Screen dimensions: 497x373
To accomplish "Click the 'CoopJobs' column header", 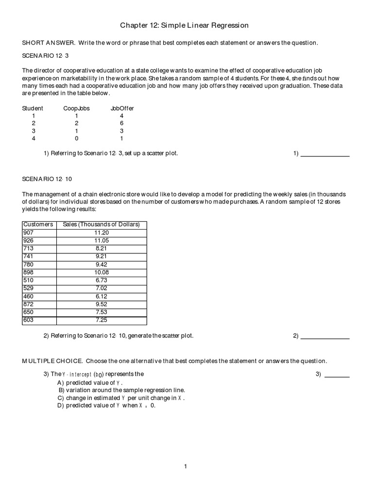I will (x=76, y=108).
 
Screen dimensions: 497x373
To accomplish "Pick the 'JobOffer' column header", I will (x=122, y=108).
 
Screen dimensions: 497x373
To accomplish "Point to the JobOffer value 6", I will (x=121, y=123).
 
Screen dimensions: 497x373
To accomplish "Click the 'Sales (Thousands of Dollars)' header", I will (x=101, y=224).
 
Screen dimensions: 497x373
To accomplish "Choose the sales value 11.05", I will (x=101, y=240).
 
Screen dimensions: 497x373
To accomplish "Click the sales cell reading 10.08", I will (x=101, y=272).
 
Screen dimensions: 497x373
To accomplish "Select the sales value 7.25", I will (x=101, y=320).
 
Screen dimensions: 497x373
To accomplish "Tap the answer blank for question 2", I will (x=325, y=336).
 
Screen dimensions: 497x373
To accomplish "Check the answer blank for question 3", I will (x=337, y=375).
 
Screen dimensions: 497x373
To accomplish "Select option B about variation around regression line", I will (x=121, y=390).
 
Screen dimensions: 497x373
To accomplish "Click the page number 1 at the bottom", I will (x=186, y=467).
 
